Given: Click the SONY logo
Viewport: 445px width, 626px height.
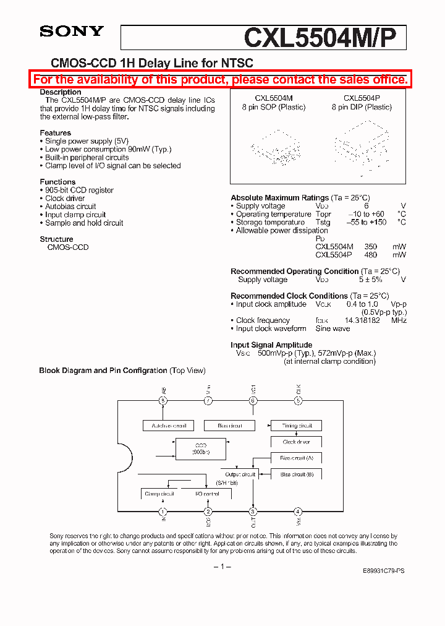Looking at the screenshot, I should click(72, 32).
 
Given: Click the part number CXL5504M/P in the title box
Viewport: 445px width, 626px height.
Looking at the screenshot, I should click(324, 38).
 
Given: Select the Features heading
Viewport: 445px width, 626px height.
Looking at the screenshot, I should click(55, 133).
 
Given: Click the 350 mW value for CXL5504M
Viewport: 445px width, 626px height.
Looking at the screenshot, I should click(370, 246).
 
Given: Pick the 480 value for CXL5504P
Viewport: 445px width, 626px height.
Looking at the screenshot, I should click(370, 254).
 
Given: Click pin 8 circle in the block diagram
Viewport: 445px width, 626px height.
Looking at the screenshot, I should click(163, 401).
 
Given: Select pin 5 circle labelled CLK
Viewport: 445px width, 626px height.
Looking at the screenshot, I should click(298, 401).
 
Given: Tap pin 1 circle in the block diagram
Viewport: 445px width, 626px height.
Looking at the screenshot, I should click(163, 512).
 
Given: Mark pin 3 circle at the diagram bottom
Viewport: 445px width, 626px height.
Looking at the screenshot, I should click(253, 512).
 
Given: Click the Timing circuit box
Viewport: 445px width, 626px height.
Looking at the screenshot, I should click(296, 426).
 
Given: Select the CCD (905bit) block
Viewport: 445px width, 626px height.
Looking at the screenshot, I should click(201, 448).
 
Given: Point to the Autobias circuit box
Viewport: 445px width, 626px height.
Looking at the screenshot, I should click(169, 426).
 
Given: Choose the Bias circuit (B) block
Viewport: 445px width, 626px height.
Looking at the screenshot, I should click(296, 474).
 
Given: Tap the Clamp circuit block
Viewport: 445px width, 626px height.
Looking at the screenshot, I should click(159, 494).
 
